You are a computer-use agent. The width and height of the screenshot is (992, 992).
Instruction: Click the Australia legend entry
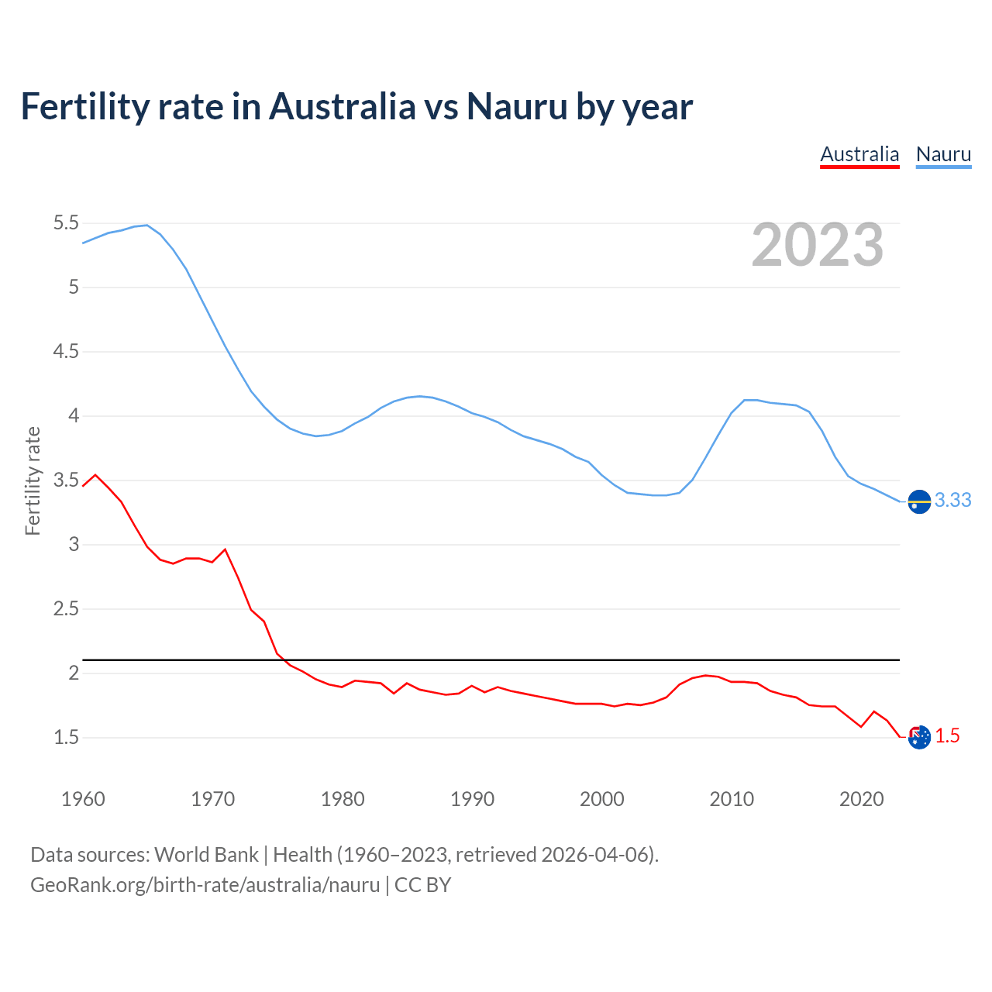tap(859, 154)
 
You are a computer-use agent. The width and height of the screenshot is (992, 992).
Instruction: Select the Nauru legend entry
tap(943, 154)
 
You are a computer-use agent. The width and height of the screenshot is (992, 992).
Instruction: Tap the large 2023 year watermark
tap(818, 245)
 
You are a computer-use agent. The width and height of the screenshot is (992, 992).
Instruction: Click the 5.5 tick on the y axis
tap(66, 223)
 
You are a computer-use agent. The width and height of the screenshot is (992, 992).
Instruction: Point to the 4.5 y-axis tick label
tap(66, 352)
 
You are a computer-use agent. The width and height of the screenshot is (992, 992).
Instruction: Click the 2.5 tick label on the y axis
tap(66, 609)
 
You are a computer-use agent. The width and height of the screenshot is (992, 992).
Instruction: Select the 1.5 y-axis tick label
tap(66, 738)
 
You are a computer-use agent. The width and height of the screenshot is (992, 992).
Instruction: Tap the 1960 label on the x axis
tap(83, 799)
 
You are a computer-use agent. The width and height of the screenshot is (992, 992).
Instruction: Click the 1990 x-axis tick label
tap(472, 799)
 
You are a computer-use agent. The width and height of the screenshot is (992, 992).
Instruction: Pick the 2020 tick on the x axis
tap(861, 799)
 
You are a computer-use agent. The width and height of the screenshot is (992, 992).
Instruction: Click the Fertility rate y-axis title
tap(33, 480)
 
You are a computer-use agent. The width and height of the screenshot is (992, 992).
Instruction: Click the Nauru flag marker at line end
tap(918, 502)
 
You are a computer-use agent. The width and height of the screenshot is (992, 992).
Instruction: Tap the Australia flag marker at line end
tap(918, 738)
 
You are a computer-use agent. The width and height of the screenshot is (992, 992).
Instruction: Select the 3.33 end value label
tap(952, 501)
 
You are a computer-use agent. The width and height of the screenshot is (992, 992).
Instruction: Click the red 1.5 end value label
tap(947, 736)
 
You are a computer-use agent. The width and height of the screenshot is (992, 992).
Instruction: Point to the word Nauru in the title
tap(517, 106)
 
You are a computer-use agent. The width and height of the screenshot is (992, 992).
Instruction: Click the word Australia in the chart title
tap(342, 106)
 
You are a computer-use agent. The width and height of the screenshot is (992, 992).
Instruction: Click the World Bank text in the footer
tap(206, 855)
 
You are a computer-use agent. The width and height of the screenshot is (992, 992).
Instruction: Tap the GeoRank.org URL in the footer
tap(205, 885)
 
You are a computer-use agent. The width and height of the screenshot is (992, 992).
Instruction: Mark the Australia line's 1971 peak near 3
tap(225, 549)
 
